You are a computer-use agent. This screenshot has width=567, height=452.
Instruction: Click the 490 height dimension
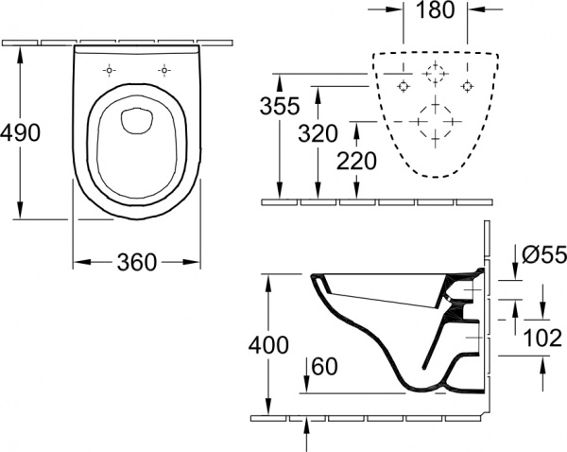(x=20, y=132)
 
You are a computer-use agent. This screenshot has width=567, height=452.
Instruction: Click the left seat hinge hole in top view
(x=110, y=71)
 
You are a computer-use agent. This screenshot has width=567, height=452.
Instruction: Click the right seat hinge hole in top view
(x=165, y=71)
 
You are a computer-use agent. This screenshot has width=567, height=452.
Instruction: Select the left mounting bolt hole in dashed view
(x=403, y=86)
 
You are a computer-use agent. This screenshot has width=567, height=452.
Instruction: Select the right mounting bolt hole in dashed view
(x=466, y=86)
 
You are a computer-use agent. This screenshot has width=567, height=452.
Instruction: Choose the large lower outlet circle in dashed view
(x=434, y=120)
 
